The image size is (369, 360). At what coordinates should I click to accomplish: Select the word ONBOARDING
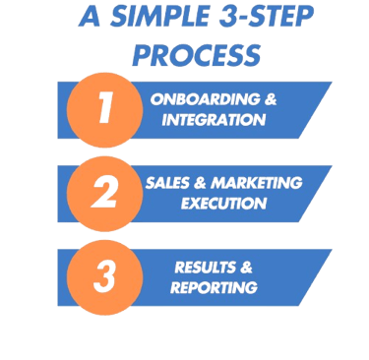[x=193, y=100]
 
